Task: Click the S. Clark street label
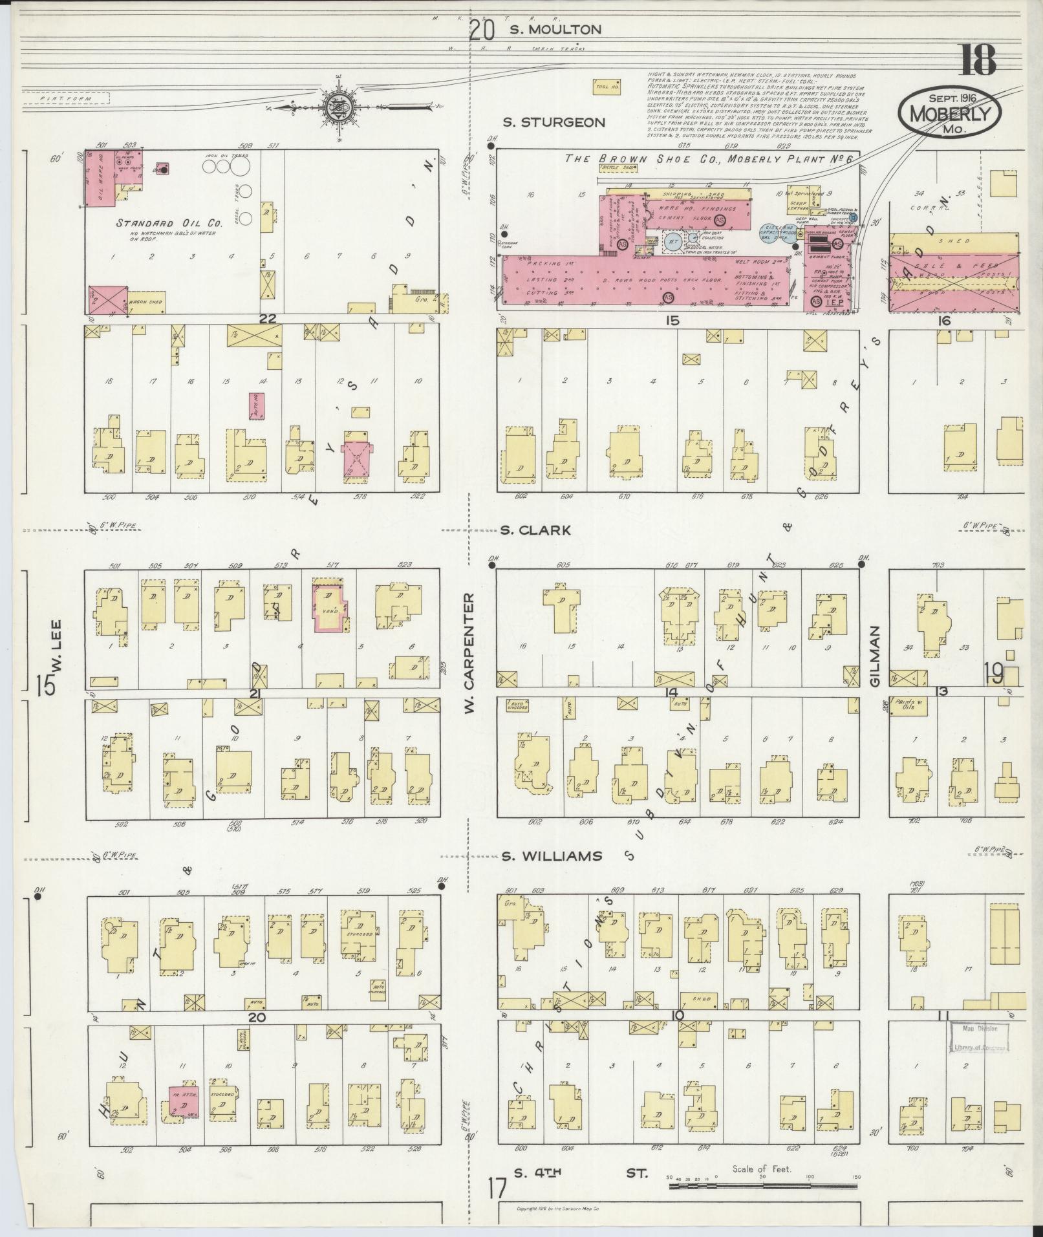(535, 530)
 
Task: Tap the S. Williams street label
(552, 856)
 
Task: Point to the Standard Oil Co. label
(169, 222)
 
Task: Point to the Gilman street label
(876, 655)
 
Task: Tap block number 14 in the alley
(672, 693)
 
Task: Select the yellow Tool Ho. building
(606, 86)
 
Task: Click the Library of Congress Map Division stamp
(981, 1054)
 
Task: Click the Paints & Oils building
(909, 707)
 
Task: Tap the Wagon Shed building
(147, 302)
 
